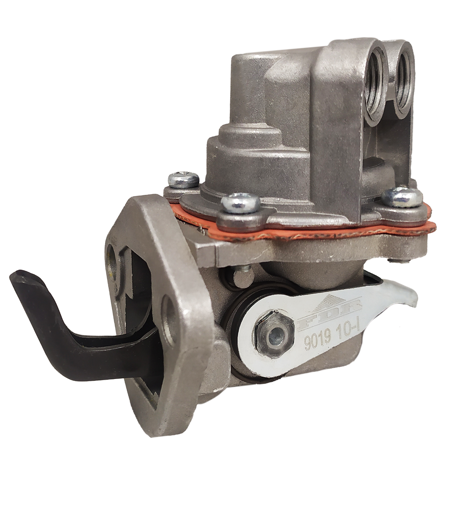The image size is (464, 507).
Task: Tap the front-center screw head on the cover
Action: pyautogui.click(x=240, y=201)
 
